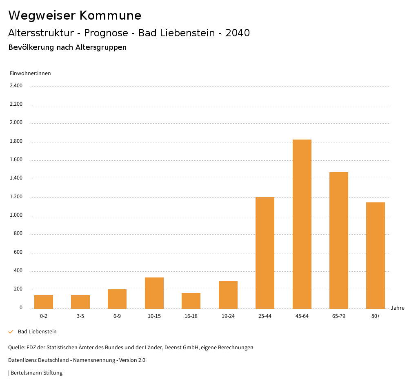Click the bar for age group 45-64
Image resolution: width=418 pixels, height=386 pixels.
[x=302, y=224]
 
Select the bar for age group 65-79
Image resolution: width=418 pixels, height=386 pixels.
[x=339, y=240]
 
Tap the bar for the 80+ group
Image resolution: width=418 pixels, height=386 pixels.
[x=376, y=255]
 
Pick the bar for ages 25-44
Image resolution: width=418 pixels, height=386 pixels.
[x=265, y=253]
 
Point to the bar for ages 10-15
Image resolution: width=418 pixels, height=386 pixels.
[x=154, y=293]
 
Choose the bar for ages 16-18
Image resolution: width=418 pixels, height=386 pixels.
[x=191, y=301]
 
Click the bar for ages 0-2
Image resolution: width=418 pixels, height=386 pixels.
[x=44, y=302]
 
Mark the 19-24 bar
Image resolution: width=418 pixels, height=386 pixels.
[x=228, y=295]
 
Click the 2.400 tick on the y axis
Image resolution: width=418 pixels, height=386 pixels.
[x=16, y=86]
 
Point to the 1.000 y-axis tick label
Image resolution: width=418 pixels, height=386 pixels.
[x=16, y=215]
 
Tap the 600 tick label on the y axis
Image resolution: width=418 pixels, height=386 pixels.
[x=18, y=253]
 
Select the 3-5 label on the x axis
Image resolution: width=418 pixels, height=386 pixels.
[x=80, y=316]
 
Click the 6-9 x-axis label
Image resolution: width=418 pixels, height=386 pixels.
[x=117, y=316]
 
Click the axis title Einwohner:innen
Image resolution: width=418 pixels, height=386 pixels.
[x=30, y=73]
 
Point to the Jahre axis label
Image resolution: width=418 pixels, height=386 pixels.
[x=398, y=308]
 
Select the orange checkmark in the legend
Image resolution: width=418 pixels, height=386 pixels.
[x=11, y=332]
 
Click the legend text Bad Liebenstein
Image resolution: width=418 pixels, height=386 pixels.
[x=37, y=332]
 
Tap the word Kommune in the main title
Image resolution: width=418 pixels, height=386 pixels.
[x=110, y=16]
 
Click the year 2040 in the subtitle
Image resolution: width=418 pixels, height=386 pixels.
[x=238, y=33]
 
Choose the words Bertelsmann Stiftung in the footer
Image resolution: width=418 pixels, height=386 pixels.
[x=36, y=373]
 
